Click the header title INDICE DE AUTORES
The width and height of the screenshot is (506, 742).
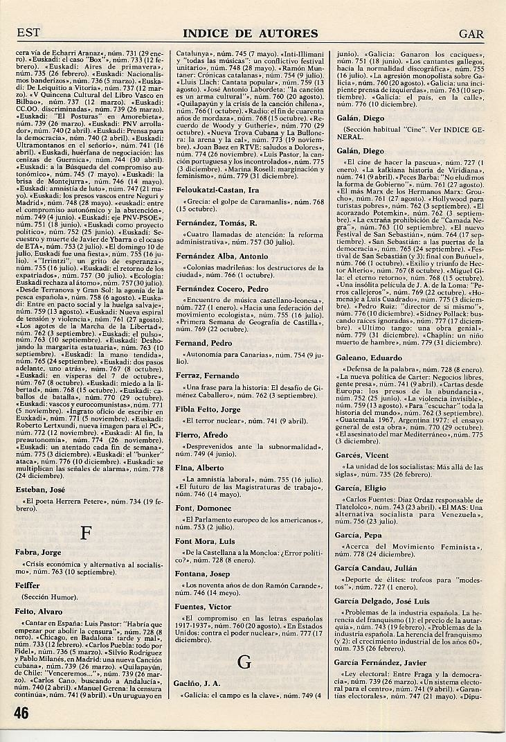point(251,33)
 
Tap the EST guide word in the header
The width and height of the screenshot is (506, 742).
point(28,33)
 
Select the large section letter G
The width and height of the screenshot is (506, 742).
point(244,662)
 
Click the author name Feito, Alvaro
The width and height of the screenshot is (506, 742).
point(39,612)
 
